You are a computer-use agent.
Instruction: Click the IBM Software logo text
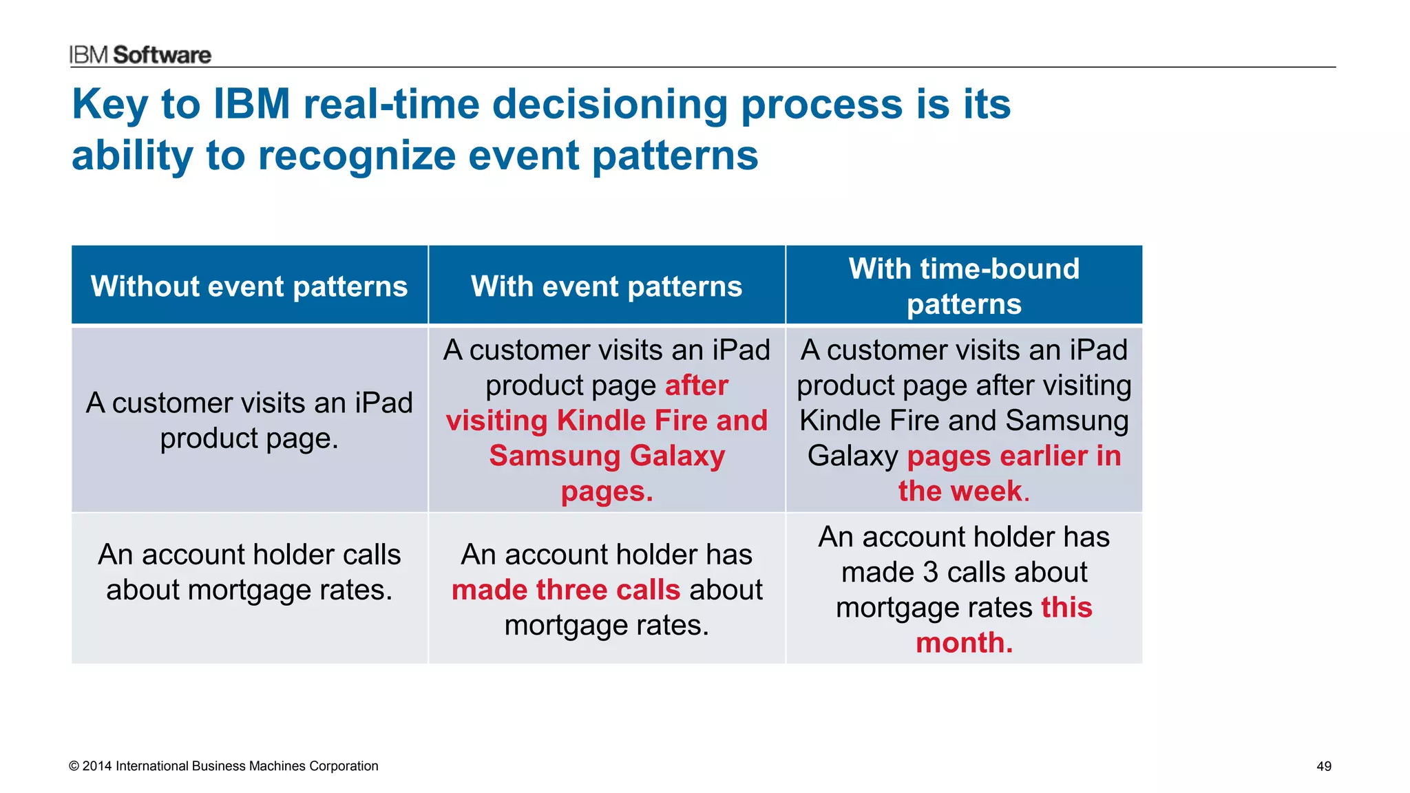point(140,55)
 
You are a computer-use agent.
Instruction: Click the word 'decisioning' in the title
point(610,105)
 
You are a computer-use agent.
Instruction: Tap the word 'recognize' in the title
point(356,156)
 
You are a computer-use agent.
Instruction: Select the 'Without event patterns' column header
point(249,286)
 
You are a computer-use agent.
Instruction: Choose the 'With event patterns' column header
point(607,286)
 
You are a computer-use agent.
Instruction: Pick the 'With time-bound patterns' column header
point(964,286)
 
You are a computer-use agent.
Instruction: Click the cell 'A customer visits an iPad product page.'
point(249,420)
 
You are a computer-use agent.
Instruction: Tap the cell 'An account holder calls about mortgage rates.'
point(249,572)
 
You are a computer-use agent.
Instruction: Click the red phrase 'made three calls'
point(565,590)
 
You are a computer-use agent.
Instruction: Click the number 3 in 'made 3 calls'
point(930,572)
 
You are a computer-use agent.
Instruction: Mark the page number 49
point(1323,766)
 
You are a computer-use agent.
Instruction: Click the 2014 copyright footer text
point(224,766)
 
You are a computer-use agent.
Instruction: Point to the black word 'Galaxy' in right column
point(852,456)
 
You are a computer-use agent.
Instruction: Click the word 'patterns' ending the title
point(675,156)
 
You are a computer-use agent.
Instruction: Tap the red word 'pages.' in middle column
point(607,491)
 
